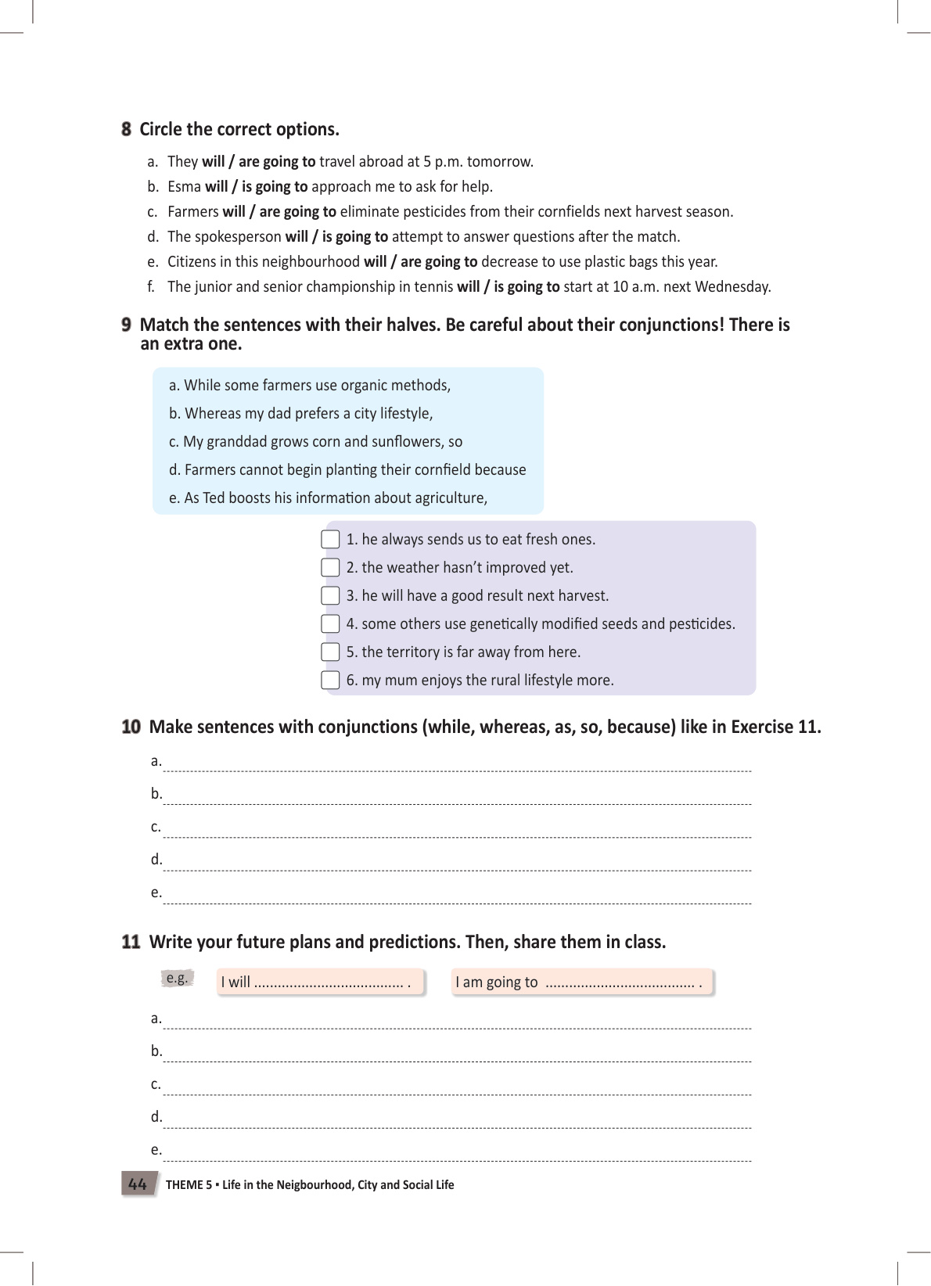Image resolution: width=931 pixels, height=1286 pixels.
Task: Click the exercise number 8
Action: coord(126,129)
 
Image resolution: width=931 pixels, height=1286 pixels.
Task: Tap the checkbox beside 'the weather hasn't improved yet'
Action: coord(331,568)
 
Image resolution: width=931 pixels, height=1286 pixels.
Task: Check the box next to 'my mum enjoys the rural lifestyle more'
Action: coord(331,681)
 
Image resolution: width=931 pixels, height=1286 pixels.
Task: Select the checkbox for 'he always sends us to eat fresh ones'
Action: coord(331,540)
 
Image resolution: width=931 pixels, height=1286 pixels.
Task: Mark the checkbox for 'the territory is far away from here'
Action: coord(331,652)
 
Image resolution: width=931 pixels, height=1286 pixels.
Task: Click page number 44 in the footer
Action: coord(138,1184)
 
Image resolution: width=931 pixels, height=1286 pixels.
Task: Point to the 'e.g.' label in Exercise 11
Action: coord(178,978)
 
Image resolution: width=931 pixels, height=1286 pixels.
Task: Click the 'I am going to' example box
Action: coord(581,982)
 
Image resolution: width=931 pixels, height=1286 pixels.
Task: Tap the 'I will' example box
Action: coord(321,982)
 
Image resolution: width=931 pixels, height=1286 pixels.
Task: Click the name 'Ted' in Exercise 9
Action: coord(214,498)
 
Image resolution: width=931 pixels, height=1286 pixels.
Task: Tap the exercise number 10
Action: coord(131,727)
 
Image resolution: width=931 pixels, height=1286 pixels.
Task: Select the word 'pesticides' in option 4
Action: coord(699,624)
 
